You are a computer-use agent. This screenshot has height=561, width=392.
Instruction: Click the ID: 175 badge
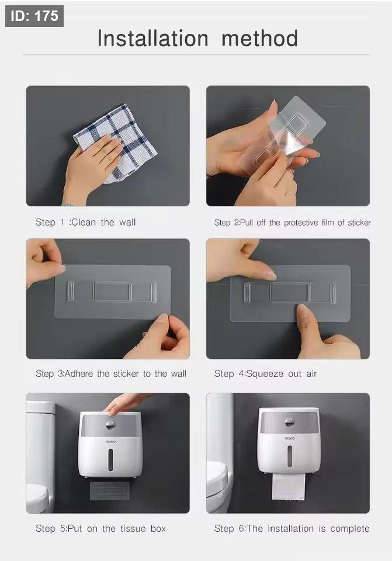tap(34, 16)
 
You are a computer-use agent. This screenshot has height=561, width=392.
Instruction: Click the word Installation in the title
tap(152, 39)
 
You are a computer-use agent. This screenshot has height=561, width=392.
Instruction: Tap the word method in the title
tap(259, 39)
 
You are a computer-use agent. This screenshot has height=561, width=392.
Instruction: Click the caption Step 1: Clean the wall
tap(85, 222)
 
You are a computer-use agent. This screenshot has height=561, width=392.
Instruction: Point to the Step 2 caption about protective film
tap(292, 223)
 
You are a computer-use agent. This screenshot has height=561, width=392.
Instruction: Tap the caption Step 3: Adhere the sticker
tap(111, 374)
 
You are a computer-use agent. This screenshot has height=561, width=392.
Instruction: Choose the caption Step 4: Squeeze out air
tap(265, 374)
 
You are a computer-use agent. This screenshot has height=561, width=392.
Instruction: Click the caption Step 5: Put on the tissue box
tap(101, 528)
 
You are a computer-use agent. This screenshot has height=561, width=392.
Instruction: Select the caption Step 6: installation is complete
tap(292, 528)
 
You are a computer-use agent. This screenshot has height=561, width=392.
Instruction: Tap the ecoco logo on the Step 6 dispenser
tap(290, 438)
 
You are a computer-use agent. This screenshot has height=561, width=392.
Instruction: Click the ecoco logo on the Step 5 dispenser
tap(111, 442)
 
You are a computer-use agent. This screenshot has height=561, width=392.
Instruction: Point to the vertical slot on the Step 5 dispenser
tap(111, 459)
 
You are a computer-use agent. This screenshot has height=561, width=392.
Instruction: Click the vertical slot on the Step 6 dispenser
tap(290, 456)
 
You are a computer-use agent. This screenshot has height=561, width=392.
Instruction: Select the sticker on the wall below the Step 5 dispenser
tap(110, 491)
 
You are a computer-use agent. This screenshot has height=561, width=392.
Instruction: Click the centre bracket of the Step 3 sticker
tap(113, 292)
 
